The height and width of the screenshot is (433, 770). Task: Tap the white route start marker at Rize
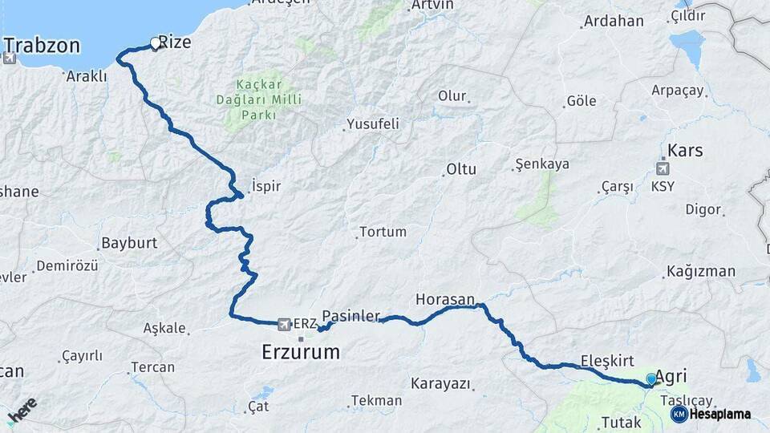[x=156, y=43]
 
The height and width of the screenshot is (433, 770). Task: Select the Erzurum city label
[x=301, y=351]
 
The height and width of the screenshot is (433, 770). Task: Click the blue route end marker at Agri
[x=650, y=379]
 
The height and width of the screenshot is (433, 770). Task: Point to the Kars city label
[x=685, y=150]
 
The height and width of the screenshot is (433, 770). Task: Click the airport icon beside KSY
[x=663, y=169]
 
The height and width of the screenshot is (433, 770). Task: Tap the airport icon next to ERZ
[x=283, y=324]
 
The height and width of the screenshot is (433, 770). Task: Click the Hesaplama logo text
[x=720, y=414]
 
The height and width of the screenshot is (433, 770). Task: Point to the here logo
[x=21, y=411]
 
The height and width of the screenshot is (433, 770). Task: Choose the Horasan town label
[x=445, y=299]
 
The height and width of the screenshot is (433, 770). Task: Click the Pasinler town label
[x=351, y=316]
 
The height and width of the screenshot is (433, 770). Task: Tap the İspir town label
[x=266, y=185]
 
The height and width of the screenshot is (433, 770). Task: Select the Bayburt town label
[x=129, y=242]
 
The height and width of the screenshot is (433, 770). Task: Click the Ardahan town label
[x=614, y=22]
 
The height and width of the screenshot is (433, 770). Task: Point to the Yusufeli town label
[x=372, y=124]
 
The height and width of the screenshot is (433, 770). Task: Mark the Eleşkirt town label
[x=607, y=360]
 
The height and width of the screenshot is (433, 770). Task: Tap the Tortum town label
[x=383, y=232]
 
